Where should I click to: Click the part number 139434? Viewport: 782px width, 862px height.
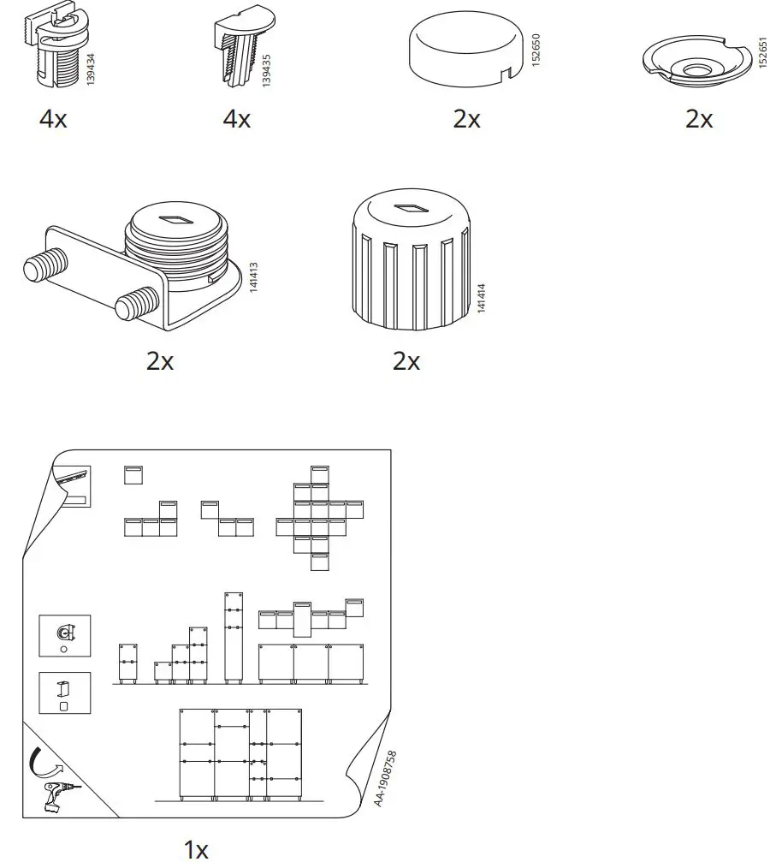pos(91,67)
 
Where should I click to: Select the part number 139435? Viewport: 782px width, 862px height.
pos(267,67)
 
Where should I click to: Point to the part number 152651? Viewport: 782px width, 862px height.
pos(763,53)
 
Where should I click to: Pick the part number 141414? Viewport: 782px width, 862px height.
pos(481,296)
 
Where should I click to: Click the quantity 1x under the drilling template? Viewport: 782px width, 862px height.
pos(196,849)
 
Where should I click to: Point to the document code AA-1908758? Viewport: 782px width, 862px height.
pos(385,778)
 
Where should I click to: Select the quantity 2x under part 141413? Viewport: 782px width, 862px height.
pos(160,361)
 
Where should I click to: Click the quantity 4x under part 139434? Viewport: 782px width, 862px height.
pos(53,119)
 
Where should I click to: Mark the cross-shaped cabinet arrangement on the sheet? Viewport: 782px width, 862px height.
pos(319,518)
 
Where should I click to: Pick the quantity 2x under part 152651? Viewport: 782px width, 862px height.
pos(699,119)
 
